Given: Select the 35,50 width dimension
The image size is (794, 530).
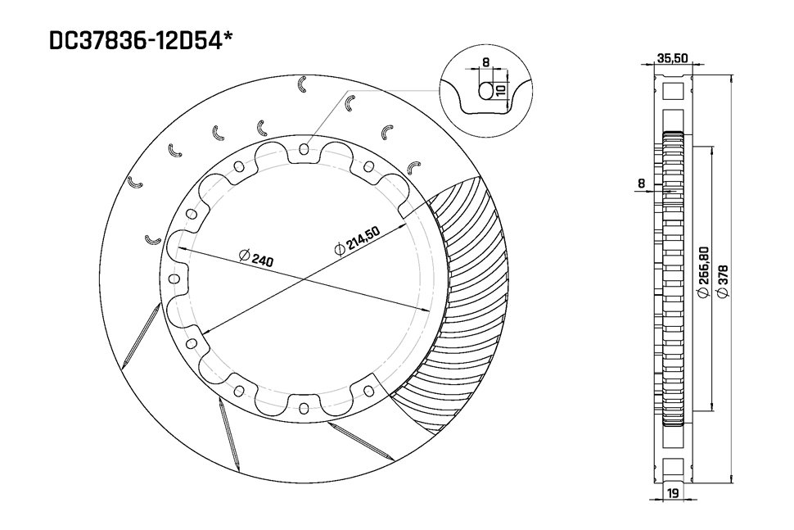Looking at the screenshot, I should coord(672,58).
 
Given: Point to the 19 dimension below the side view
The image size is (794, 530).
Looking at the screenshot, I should coord(672,492).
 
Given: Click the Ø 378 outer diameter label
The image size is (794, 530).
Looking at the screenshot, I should coord(722,279).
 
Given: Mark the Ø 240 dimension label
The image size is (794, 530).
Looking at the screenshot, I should coord(256,257).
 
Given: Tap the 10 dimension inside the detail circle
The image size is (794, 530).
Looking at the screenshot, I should coord(500,88).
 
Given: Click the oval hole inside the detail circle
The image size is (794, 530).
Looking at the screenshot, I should coord(486,90).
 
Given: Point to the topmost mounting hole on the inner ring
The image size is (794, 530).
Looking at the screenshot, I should coord(304,149).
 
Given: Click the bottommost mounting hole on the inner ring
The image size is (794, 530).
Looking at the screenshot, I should coord(304,408).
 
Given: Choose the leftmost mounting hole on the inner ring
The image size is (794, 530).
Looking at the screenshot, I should coord(173,279).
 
